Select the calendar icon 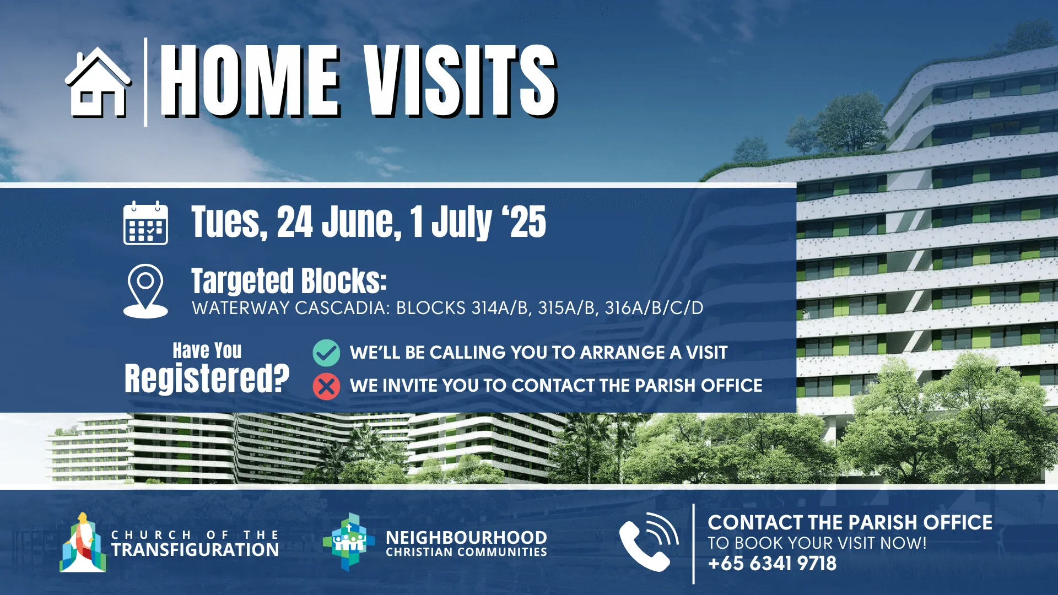(x=145, y=223)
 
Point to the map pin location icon (x=145, y=291)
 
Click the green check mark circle (x=326, y=353)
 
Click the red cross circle (x=326, y=386)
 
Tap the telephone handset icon (x=649, y=543)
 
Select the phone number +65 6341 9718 (x=772, y=564)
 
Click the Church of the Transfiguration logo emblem (x=83, y=543)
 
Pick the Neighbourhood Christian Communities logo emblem (x=349, y=542)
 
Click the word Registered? (x=207, y=378)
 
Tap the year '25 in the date (x=524, y=222)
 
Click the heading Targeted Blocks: (x=289, y=281)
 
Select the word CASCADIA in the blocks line (x=343, y=308)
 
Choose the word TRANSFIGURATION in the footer (x=195, y=550)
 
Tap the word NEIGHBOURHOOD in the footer (x=466, y=537)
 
